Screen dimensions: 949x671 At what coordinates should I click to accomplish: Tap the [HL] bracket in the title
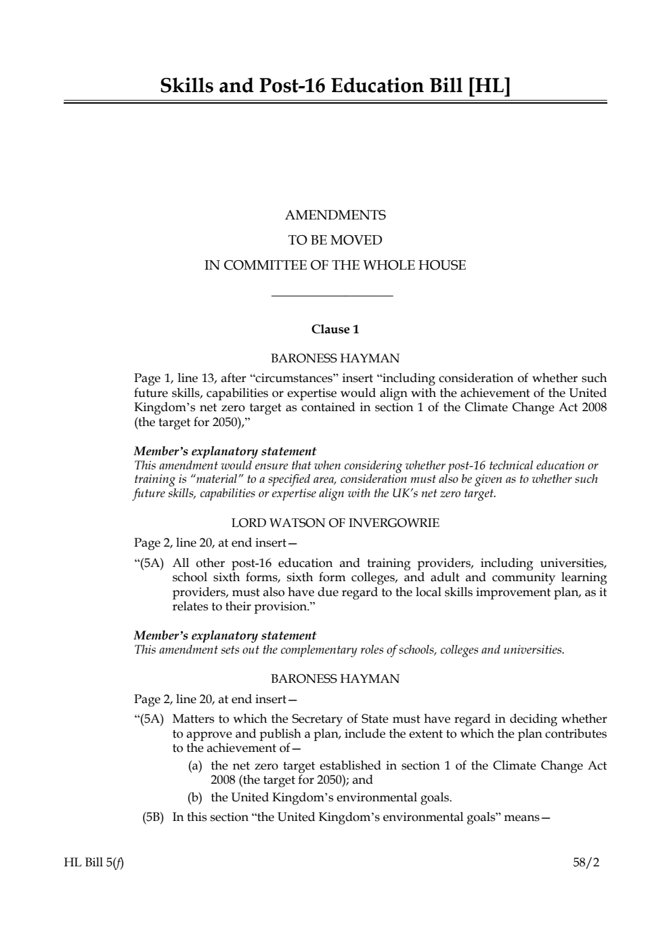pyautogui.click(x=488, y=86)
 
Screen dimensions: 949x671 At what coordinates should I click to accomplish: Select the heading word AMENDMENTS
pyautogui.click(x=335, y=215)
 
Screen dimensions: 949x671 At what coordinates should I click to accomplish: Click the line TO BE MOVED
pyautogui.click(x=335, y=240)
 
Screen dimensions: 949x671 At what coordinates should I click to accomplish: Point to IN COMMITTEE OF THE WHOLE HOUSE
pyautogui.click(x=335, y=266)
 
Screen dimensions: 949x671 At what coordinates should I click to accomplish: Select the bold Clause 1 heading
pyautogui.click(x=335, y=330)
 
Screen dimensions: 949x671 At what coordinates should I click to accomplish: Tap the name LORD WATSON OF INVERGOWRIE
pyautogui.click(x=335, y=523)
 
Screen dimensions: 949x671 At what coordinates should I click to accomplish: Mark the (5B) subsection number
pyautogui.click(x=153, y=818)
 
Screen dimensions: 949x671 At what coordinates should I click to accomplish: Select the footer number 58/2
pyautogui.click(x=586, y=863)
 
